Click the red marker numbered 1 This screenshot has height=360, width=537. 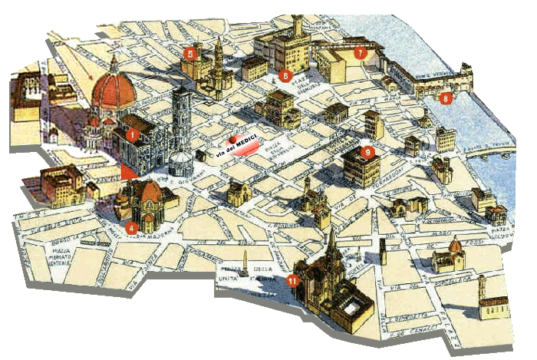tap(133, 134)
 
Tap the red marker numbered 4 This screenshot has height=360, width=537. tap(131, 227)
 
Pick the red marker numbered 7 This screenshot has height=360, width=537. tap(361, 53)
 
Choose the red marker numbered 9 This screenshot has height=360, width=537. tap(368, 152)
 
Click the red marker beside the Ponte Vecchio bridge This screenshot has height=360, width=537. tap(446, 97)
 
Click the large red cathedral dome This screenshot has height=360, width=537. tap(114, 89)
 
